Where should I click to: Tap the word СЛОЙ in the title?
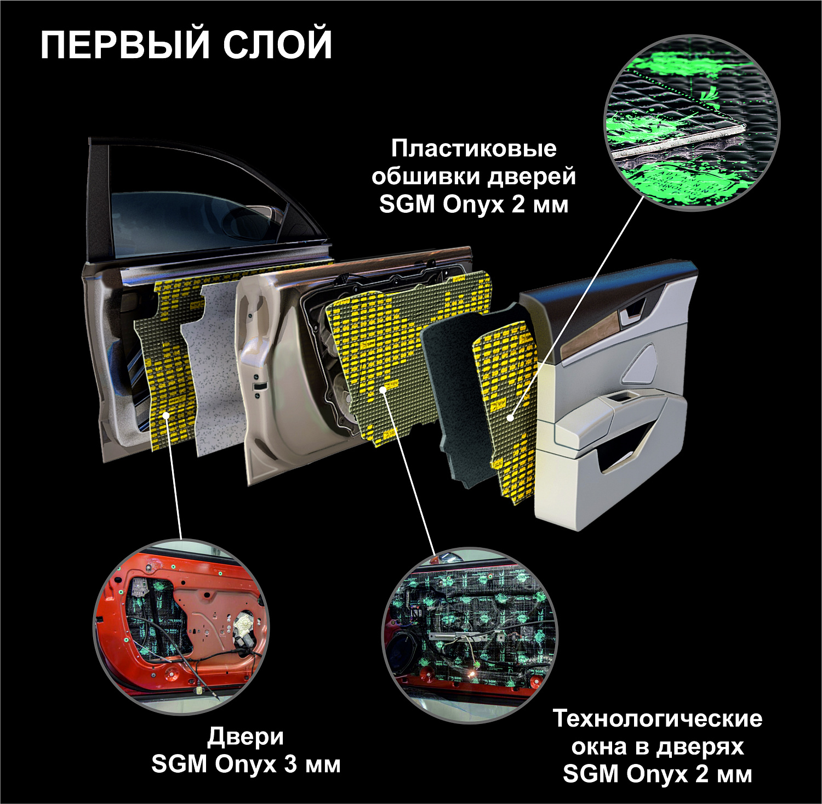pos(277,45)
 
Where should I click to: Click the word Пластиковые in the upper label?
pos(474,149)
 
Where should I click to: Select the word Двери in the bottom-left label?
pos(246,737)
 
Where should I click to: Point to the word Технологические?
pos(657,718)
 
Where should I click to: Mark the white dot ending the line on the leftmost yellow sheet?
pos(166,415)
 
